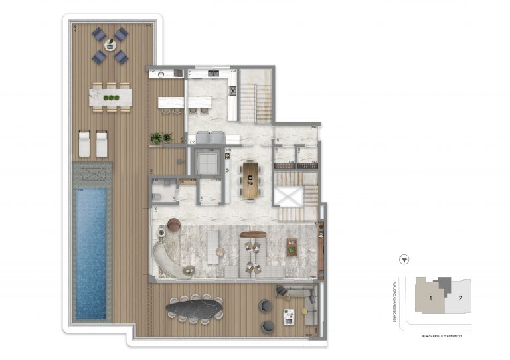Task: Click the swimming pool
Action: [x=90, y=252]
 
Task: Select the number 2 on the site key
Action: [x=460, y=298]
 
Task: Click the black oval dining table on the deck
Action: [x=195, y=306]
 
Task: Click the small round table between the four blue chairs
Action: [x=110, y=45]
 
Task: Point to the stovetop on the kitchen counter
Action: [x=214, y=72]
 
